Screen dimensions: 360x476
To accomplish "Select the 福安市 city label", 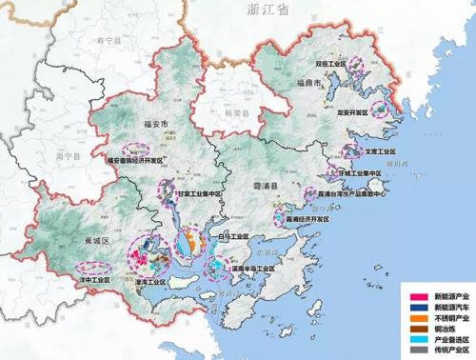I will (152, 125).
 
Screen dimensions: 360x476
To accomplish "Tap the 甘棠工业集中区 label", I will (191, 192).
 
